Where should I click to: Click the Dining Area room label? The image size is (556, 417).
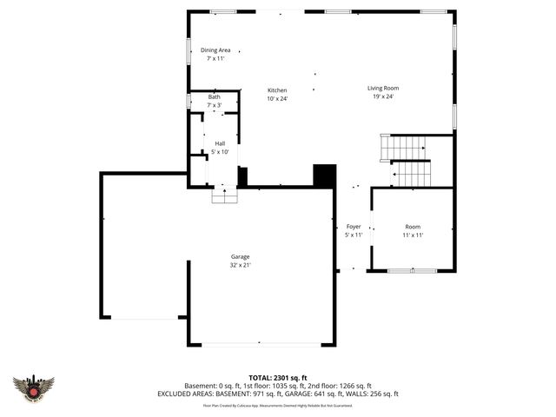click(x=215, y=50)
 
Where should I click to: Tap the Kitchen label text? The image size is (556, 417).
click(x=277, y=90)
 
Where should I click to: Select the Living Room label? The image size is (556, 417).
click(x=382, y=88)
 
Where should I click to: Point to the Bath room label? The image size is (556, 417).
click(x=214, y=97)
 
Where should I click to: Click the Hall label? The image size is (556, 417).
click(x=220, y=144)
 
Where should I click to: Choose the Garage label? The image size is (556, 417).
click(x=240, y=256)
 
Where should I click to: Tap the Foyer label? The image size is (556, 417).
click(x=354, y=226)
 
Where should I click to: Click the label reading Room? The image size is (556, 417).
click(x=412, y=226)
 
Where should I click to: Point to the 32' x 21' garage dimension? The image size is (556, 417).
click(x=240, y=265)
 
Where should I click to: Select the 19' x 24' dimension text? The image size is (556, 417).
click(x=382, y=96)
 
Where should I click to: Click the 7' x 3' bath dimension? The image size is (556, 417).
click(x=214, y=105)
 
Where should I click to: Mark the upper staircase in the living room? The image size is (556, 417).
click(x=404, y=148)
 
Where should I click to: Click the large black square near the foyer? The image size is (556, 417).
click(x=324, y=175)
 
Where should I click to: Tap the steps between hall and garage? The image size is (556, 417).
click(x=224, y=195)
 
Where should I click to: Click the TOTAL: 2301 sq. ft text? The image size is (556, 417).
click(x=277, y=375)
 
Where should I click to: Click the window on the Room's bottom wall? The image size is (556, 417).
click(x=412, y=271)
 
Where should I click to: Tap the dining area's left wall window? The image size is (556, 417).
click(x=190, y=51)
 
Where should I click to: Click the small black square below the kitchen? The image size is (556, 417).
click(x=242, y=175)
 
